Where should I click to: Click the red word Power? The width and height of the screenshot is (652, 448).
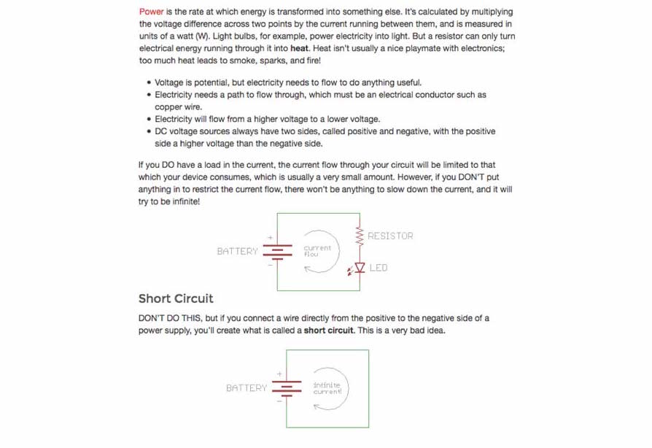point(151,12)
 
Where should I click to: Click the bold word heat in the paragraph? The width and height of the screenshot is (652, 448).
point(299,48)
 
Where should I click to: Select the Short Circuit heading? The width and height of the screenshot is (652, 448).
point(176,298)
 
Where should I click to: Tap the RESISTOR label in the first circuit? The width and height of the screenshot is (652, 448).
point(390,236)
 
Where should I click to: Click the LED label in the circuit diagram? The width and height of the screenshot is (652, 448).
point(379,268)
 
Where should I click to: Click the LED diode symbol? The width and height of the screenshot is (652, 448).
point(359,268)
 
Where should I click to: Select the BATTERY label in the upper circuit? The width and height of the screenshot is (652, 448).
point(237,251)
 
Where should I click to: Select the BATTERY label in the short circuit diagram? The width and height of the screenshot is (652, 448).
point(247,388)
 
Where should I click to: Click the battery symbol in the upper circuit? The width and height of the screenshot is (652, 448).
point(277,251)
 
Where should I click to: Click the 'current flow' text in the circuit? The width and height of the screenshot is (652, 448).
point(317,251)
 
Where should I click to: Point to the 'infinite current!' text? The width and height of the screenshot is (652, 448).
point(327,388)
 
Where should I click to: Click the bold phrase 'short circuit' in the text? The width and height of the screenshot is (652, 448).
point(329,331)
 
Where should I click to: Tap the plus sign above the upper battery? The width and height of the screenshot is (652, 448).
point(270,237)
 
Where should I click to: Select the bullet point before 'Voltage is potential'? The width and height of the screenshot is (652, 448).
point(149,83)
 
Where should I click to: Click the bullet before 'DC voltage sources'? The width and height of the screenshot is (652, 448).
point(149,132)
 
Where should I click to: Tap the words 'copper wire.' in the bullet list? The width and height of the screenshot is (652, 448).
point(178,107)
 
